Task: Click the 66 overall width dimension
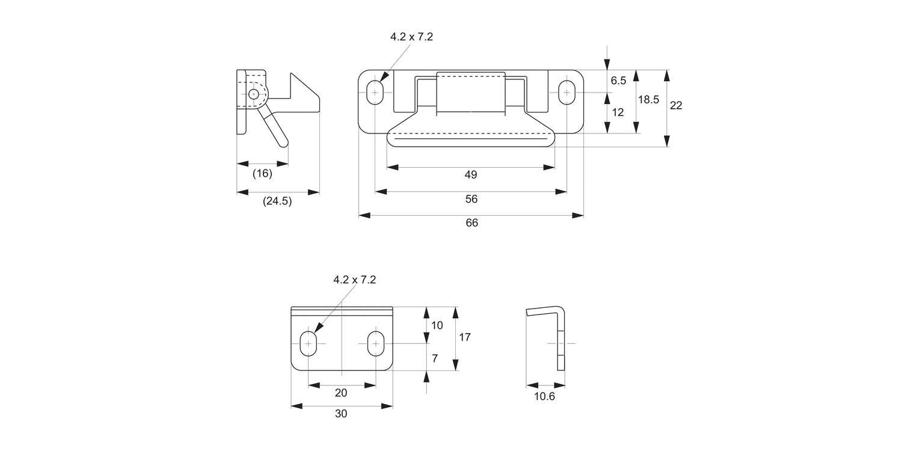471,223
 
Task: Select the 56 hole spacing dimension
471,199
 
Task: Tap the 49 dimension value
471,175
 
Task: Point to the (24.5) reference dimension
277,201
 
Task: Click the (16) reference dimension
262,174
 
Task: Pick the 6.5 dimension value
618,81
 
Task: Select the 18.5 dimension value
648,100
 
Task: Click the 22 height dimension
676,105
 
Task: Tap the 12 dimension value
618,112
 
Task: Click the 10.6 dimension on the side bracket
545,396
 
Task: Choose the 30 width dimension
341,414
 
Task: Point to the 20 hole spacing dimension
341,393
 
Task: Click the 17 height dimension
465,337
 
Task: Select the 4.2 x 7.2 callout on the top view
411,37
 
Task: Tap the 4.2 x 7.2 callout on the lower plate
355,280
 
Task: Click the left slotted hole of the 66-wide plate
375,93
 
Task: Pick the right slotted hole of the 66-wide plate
566,93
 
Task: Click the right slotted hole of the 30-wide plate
376,343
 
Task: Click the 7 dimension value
435,358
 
